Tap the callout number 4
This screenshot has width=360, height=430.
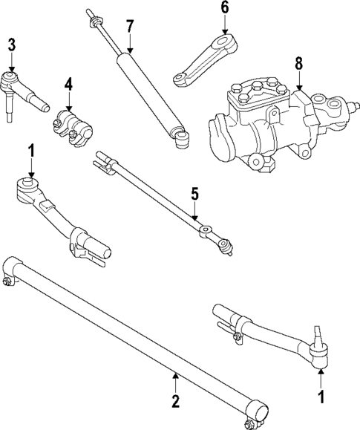tap(68, 85)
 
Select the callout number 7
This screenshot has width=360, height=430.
tap(130, 27)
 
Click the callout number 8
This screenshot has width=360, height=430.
tap(298, 63)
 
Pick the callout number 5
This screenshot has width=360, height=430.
tap(194, 194)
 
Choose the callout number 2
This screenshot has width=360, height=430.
tap(176, 401)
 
